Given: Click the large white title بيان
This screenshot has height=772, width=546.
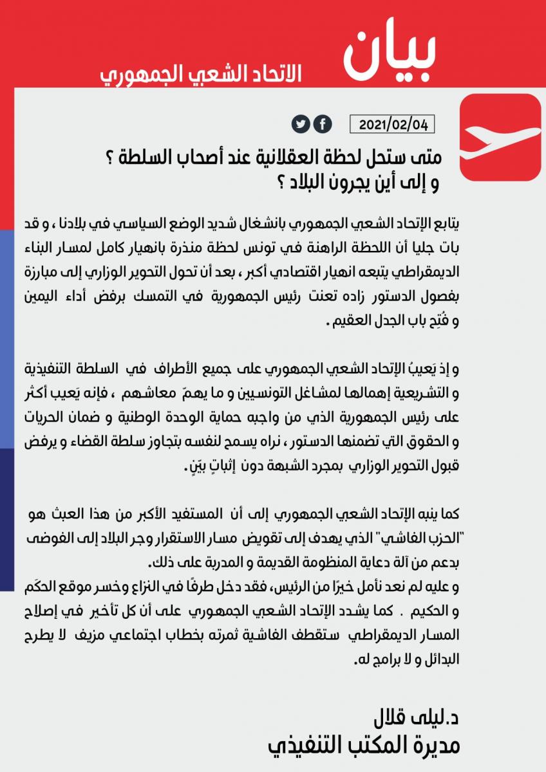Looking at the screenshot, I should pyautogui.click(x=389, y=51).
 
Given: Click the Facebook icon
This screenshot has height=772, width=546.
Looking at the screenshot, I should pyautogui.click(x=322, y=124).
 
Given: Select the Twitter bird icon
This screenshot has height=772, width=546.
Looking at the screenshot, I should pyautogui.click(x=301, y=124).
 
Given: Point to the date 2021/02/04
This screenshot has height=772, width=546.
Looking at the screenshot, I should pyautogui.click(x=393, y=124).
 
